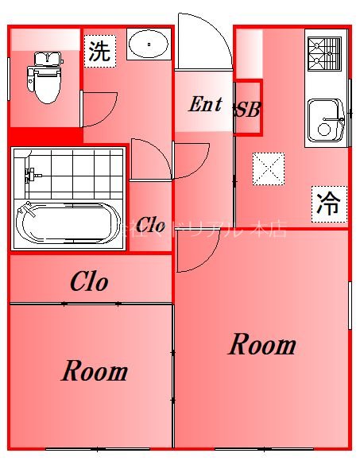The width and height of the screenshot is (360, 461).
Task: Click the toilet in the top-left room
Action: pyautogui.click(x=45, y=77)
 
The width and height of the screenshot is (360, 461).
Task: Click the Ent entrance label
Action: pyautogui.click(x=205, y=105)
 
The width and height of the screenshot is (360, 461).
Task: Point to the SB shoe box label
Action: pyautogui.click(x=247, y=110)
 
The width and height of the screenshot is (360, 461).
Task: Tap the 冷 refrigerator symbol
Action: pyautogui.click(x=328, y=204)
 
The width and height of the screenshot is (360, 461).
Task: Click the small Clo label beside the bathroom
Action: pyautogui.click(x=150, y=226)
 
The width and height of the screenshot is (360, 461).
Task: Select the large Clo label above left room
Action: pyautogui.click(x=89, y=281)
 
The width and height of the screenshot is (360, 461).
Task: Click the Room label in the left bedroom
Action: pyautogui.click(x=95, y=371)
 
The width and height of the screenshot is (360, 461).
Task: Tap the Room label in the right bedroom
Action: pyautogui.click(x=262, y=345)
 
